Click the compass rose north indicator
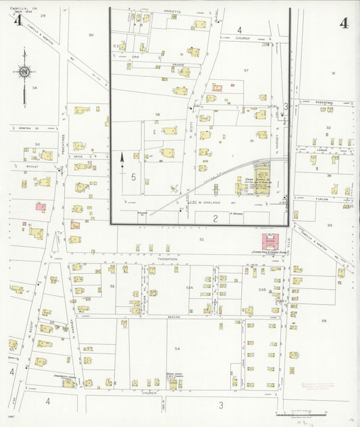pyautogui.click(x=24, y=71)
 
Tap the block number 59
pyautogui.click(x=324, y=320)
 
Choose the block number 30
pyautogui.click(x=91, y=34)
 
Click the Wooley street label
pyautogui.click(x=32, y=165)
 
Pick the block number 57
pyautogui.click(x=247, y=70)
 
